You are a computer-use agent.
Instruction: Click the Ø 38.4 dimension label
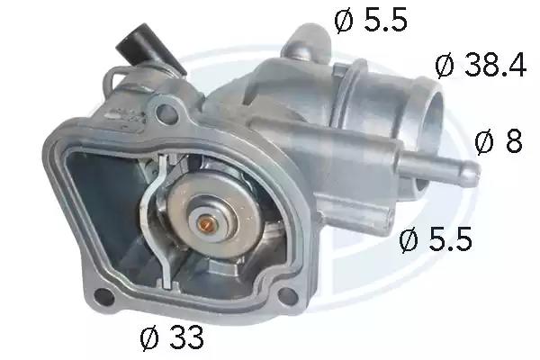(x=481, y=65)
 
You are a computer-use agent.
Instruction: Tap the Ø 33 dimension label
(x=172, y=337)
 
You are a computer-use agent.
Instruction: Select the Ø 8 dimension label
(x=499, y=141)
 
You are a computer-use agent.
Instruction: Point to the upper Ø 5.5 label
(x=371, y=20)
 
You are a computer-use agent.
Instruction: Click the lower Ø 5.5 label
(x=436, y=239)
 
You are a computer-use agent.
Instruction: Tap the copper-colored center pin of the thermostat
(x=206, y=225)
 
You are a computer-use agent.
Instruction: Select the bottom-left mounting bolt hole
(x=104, y=297)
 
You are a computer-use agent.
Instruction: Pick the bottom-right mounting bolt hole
(x=288, y=296)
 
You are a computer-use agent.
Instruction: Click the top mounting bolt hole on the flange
(x=166, y=112)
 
